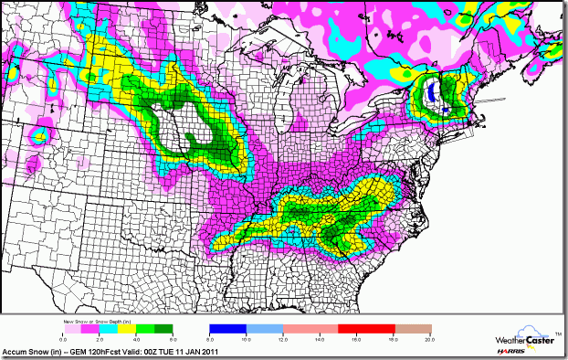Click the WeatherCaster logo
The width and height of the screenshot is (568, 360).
coord(516,337)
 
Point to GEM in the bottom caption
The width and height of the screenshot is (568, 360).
coord(80,353)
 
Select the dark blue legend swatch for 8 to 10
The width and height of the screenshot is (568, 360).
coord(228,327)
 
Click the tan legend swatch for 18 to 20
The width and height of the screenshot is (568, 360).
coord(412,327)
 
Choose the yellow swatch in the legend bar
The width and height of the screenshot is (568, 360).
coord(120,327)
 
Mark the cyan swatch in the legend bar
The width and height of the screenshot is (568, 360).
coord(101,327)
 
